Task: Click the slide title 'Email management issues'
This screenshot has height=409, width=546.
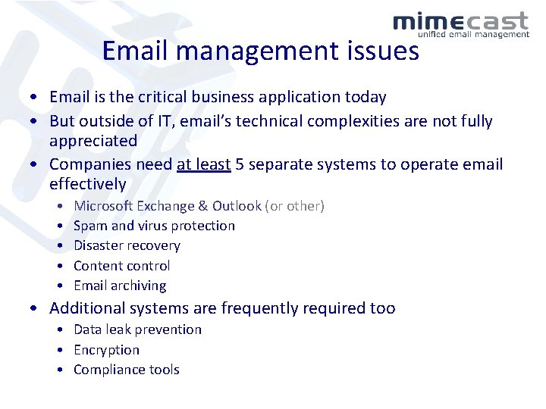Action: point(260,51)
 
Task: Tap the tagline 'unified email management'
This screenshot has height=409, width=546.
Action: point(473,34)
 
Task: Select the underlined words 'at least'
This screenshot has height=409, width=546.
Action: point(203,164)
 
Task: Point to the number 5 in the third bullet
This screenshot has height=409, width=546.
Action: point(240,164)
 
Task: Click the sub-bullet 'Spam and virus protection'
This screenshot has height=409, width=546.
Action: point(154,226)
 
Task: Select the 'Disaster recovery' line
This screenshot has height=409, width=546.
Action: point(127,245)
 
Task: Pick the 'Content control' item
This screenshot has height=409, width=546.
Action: point(121,266)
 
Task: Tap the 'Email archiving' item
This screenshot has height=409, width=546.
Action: point(120,286)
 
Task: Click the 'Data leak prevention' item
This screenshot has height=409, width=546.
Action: point(137,329)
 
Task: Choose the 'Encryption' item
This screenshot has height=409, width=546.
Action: point(106,350)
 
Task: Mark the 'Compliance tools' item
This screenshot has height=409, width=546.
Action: point(126,370)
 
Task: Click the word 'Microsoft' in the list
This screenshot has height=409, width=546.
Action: point(103,206)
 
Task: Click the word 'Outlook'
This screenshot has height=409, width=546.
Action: point(237,206)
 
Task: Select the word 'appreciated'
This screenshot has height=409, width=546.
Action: point(93,141)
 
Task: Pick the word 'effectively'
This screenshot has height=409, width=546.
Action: point(87,184)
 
